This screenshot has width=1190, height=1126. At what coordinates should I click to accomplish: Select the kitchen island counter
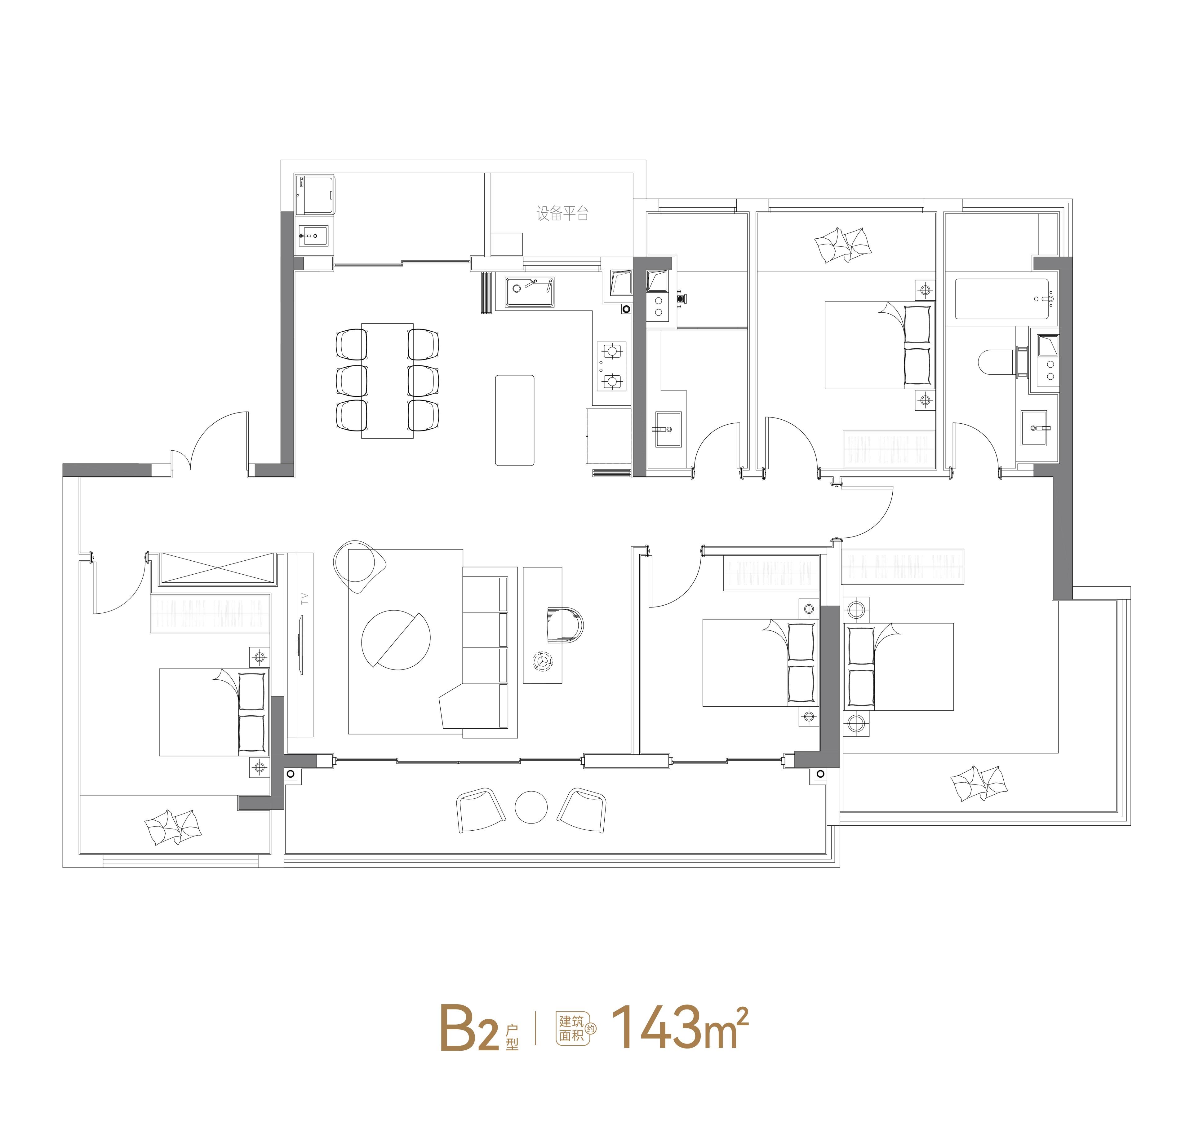click(515, 420)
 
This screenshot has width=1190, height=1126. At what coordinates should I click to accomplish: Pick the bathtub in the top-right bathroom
click(1001, 298)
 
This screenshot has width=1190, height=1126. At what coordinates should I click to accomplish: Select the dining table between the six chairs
click(387, 381)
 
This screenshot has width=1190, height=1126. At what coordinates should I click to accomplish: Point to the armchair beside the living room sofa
click(359, 567)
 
